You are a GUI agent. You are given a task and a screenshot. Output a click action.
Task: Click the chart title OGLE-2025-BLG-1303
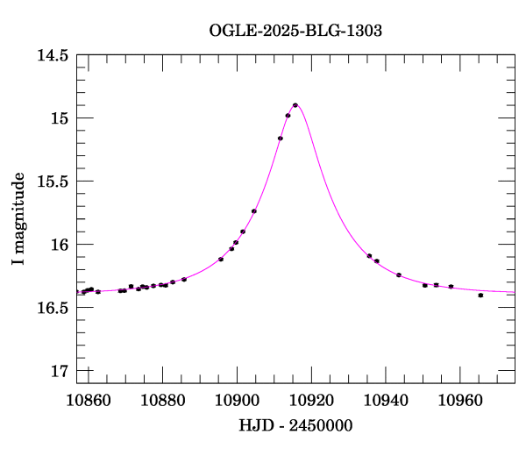pyautogui.click(x=295, y=31)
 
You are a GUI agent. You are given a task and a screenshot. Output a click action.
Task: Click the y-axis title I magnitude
pyautogui.click(x=18, y=219)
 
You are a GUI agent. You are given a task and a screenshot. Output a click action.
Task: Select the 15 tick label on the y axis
pyautogui.click(x=60, y=118)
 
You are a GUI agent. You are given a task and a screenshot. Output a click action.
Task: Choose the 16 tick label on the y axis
pyautogui.click(x=60, y=245)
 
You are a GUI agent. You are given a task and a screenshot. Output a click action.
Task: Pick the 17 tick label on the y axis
pyautogui.click(x=60, y=371)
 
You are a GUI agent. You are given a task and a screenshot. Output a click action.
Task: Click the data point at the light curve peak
pyautogui.click(x=295, y=105)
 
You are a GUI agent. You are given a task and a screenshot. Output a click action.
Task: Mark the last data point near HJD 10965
pyautogui.click(x=480, y=296)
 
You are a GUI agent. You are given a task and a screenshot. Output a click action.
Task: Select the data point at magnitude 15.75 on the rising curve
pyautogui.click(x=254, y=211)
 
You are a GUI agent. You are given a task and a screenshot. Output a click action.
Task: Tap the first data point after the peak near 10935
pyautogui.click(x=369, y=256)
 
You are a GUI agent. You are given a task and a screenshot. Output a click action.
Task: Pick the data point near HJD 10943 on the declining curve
pyautogui.click(x=398, y=275)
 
